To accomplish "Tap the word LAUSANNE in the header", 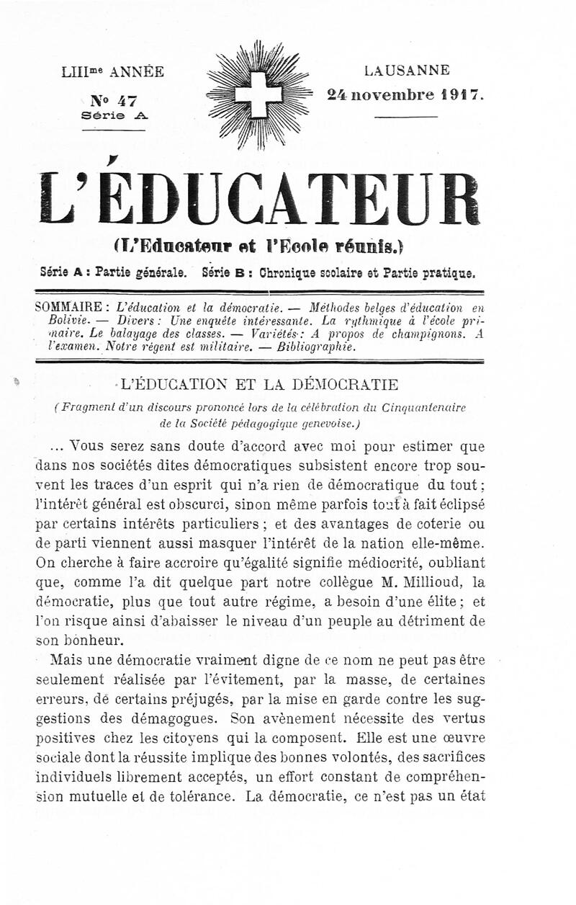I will (407, 71).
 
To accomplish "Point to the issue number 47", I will (114, 101).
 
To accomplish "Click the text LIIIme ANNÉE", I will (113, 71).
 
